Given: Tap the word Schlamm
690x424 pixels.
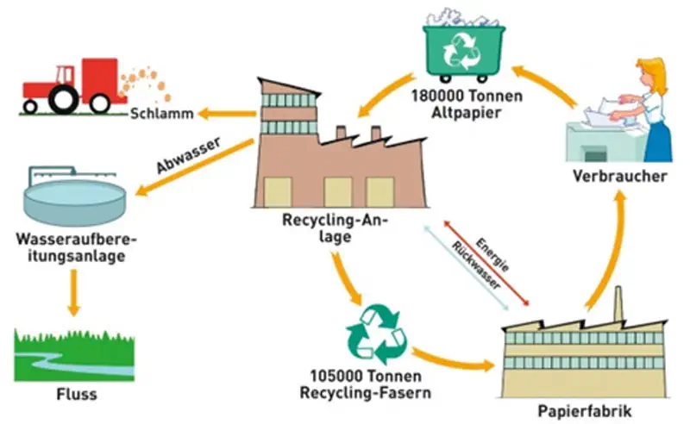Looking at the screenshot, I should (159, 114).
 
